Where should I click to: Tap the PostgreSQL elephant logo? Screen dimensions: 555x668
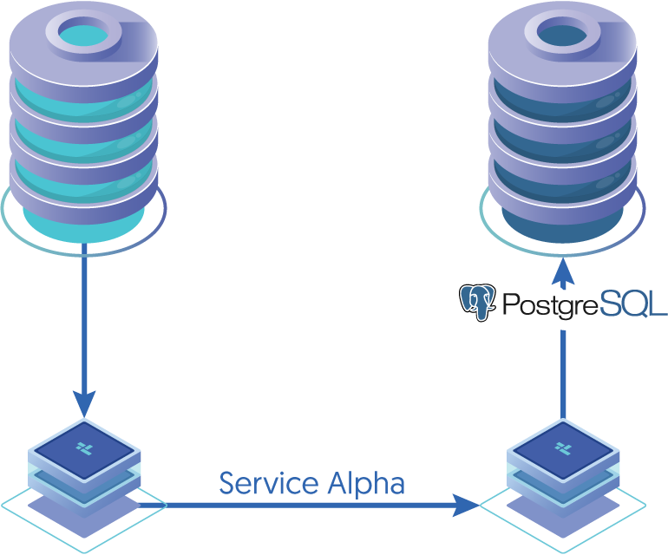pos(478,302)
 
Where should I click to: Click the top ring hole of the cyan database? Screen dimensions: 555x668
pos(83,33)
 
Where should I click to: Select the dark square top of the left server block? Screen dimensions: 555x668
pos(84,447)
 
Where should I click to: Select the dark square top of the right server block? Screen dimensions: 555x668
pos(563,447)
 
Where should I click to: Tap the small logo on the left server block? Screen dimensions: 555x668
pos(84,447)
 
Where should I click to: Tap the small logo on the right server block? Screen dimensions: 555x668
pos(563,447)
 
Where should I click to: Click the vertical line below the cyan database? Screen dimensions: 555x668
pos(84,321)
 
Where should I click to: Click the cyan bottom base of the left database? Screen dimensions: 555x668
pos(83,227)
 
